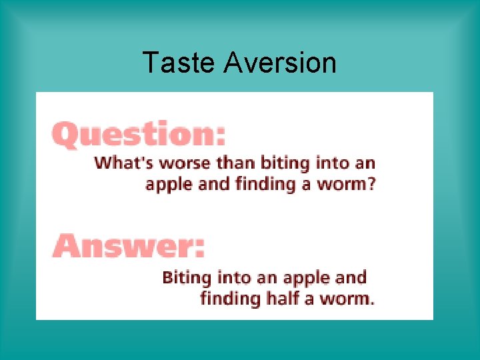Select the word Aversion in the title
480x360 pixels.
[280, 63]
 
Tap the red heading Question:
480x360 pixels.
[139, 135]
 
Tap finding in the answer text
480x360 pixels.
[229, 297]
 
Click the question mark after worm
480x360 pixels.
[371, 183]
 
